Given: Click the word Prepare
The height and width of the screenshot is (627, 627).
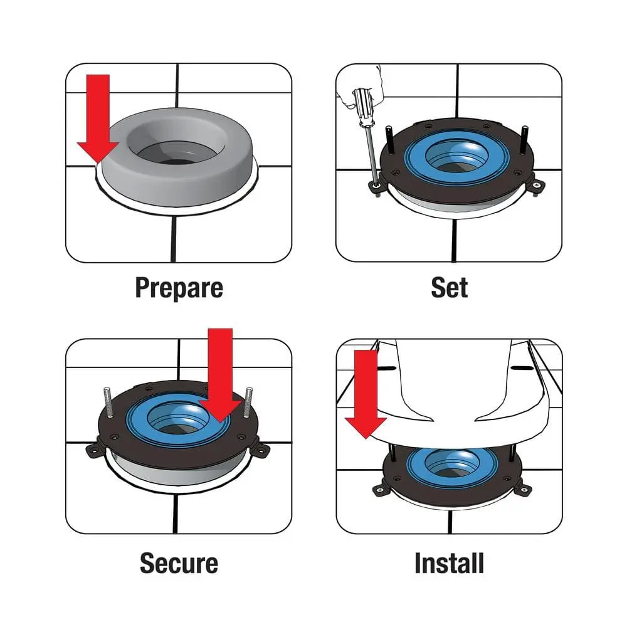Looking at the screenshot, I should coord(179,288).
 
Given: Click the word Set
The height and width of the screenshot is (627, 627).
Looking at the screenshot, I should coord(449,288).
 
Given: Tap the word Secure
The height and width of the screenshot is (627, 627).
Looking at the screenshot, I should coord(179,562).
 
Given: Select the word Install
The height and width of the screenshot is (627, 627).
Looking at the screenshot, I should coord(449,562).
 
